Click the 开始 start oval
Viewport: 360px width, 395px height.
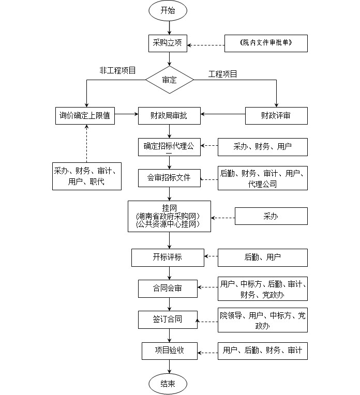(168, 10)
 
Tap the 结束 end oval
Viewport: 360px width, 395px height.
(168, 384)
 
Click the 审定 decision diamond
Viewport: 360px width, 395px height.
(169, 80)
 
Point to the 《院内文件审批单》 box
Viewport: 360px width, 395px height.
(266, 43)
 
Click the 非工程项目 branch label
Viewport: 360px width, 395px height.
(118, 70)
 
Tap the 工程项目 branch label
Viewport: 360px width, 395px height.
(223, 74)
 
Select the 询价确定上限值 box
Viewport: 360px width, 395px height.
(86, 116)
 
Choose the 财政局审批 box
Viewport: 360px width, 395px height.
(169, 116)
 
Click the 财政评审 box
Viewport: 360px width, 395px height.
(276, 116)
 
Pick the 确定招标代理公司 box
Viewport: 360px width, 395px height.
(169, 147)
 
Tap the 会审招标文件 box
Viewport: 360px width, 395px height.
(169, 178)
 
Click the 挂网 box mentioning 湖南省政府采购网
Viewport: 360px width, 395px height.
(169, 216)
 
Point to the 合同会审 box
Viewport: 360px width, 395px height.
(168, 288)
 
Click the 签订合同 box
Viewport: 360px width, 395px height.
(168, 320)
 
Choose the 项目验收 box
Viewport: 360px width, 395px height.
(169, 351)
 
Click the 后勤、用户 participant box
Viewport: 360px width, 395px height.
(262, 257)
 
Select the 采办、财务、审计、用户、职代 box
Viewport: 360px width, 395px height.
(87, 176)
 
